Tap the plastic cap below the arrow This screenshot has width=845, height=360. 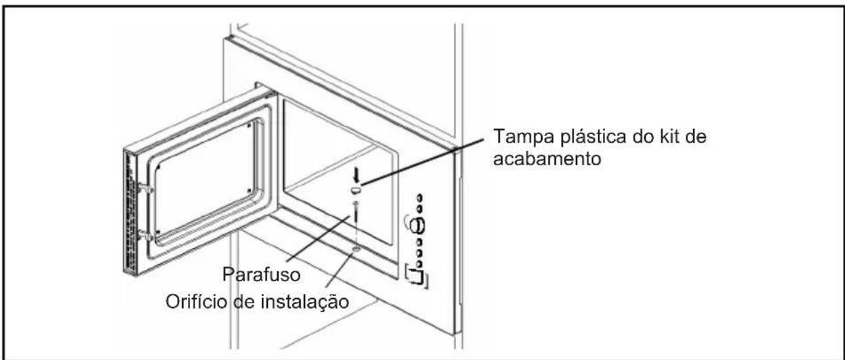pyautogui.click(x=357, y=191)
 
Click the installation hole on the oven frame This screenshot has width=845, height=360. pyautogui.click(x=357, y=247)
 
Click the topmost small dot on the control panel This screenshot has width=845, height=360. pyautogui.click(x=421, y=197)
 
